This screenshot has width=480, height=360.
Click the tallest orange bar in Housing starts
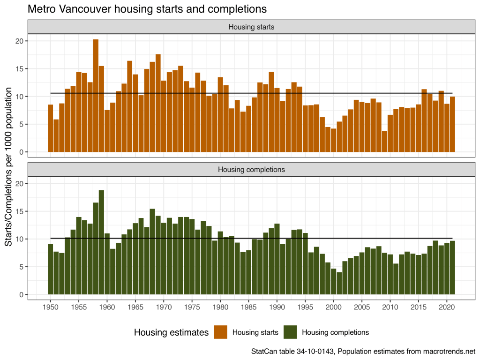click(x=96, y=96)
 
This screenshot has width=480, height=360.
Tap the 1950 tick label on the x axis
click(x=51, y=307)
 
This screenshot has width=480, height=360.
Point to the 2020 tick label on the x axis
click(x=447, y=307)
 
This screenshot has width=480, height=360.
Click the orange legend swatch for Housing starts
click(x=220, y=332)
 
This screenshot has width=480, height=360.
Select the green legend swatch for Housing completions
click(x=290, y=332)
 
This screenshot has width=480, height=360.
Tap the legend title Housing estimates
click(x=171, y=332)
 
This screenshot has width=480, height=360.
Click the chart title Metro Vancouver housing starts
click(x=147, y=9)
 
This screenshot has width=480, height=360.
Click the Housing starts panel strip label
click(x=251, y=27)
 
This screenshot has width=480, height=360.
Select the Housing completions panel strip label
click(x=251, y=169)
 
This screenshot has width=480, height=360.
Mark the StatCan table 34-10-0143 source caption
click(x=363, y=351)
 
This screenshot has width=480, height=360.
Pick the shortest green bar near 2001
click(x=339, y=283)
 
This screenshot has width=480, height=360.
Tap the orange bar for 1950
click(x=51, y=128)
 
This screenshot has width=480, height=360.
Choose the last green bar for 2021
click(x=452, y=268)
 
